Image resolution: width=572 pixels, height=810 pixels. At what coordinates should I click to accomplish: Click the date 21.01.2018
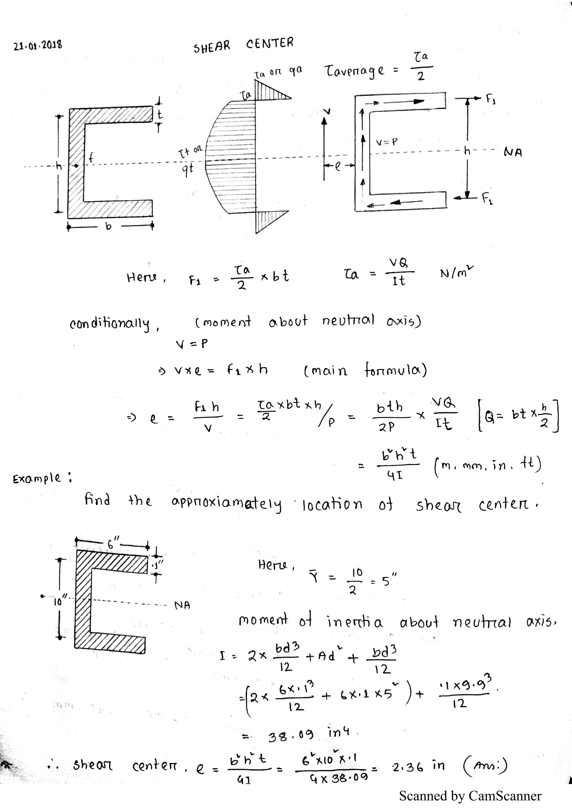point(38,46)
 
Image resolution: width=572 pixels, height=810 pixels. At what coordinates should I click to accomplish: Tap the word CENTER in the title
point(270,43)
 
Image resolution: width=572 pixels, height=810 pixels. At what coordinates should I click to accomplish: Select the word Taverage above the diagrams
point(354,71)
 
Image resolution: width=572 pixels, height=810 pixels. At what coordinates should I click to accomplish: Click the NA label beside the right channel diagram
point(513,152)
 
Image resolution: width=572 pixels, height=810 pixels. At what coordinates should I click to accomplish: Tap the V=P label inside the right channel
point(387,142)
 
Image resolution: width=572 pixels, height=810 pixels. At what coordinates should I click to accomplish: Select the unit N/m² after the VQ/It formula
point(457,273)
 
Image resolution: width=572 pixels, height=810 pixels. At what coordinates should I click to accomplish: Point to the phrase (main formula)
point(365,370)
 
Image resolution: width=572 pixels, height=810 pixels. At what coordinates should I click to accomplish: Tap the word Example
point(37,479)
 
